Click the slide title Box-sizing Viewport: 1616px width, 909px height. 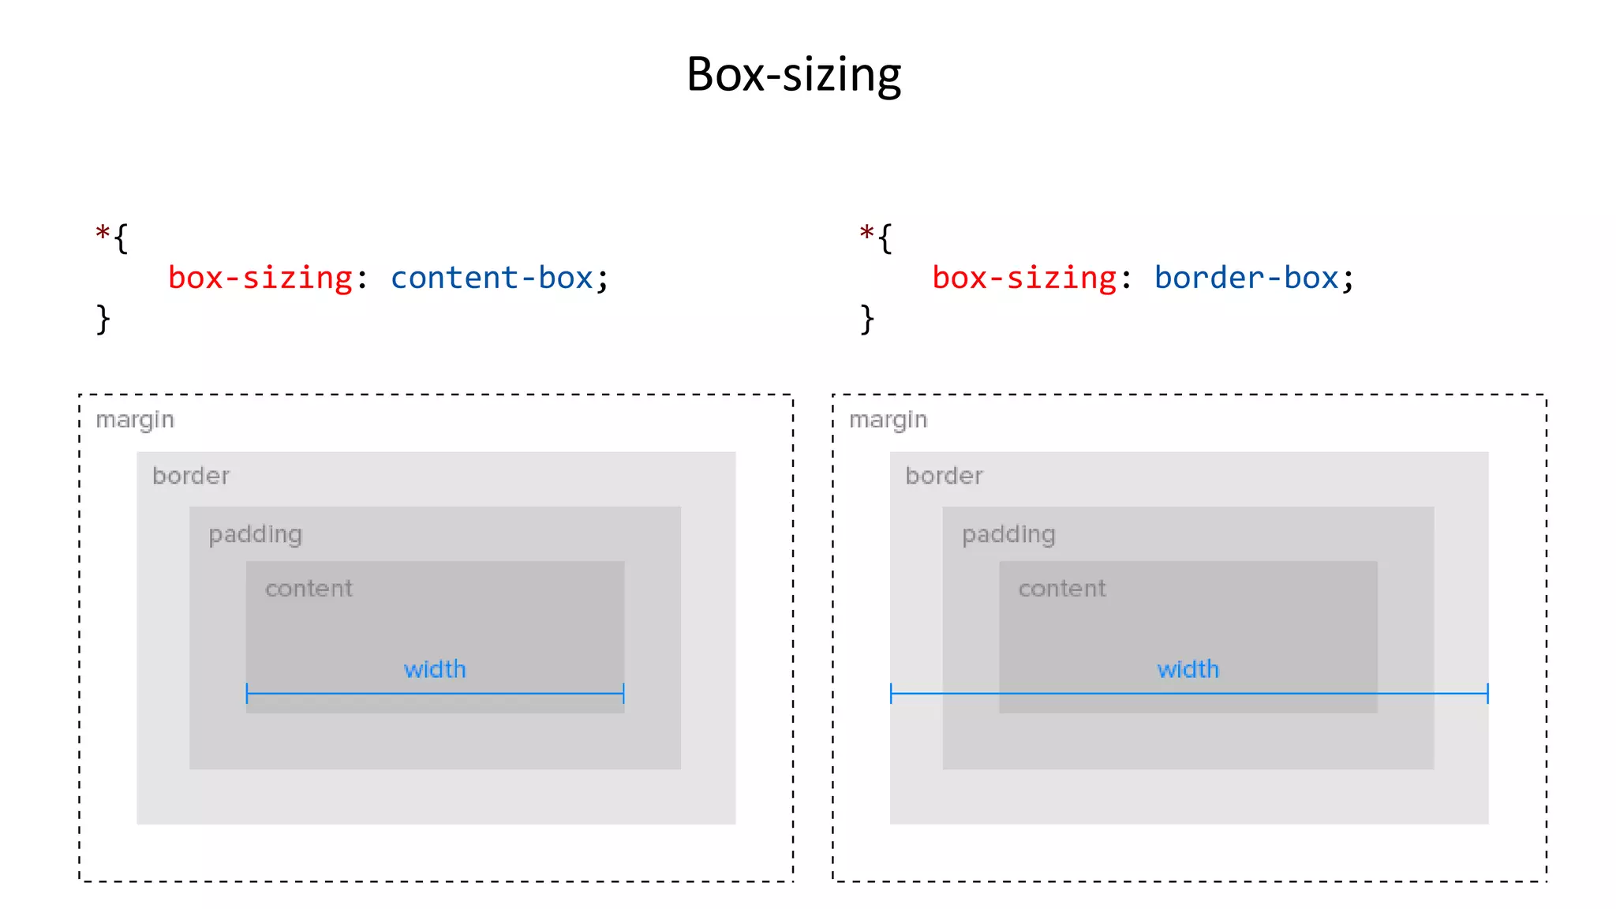[793, 75]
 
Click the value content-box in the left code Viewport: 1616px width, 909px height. [492, 278]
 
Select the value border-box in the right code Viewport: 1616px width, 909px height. [1246, 278]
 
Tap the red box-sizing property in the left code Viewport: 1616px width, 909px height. [260, 278]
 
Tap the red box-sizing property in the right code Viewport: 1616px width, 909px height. [1024, 278]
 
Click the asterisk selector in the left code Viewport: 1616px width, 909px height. [103, 234]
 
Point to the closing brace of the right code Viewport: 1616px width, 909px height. [867, 320]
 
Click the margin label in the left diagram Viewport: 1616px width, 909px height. [135, 420]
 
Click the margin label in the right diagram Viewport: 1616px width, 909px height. [888, 420]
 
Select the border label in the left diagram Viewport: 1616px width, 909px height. [191, 476]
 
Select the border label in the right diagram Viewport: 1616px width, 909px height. [944, 476]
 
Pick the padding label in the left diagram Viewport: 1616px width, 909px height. [255, 535]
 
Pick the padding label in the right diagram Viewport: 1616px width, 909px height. [1008, 535]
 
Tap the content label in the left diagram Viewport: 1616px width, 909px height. [309, 589]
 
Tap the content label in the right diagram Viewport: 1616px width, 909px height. [1061, 589]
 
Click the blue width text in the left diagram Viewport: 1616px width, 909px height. [435, 669]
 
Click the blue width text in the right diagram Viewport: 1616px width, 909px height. [1188, 669]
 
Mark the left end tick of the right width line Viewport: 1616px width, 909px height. [891, 694]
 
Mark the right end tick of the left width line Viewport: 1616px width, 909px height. [623, 694]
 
